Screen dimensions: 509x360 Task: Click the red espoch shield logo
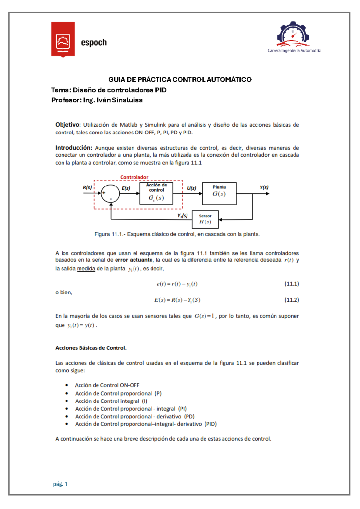coord(63,39)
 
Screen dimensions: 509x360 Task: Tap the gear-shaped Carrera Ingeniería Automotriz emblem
coord(293,35)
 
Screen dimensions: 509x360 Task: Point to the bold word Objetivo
coord(67,125)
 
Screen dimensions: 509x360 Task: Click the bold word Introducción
coord(74,148)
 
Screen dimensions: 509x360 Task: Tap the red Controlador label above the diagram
coord(134,177)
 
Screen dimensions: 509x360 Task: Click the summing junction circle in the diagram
coord(110,194)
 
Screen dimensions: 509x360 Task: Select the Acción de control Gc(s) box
coord(156,194)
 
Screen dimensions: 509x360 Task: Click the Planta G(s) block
coord(219,194)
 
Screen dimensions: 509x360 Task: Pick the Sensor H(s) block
coord(205,219)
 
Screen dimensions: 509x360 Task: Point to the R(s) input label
coord(87,188)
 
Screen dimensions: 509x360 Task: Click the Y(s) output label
coord(264,188)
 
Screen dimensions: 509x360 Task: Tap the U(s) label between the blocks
coord(191,188)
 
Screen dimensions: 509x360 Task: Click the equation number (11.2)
coord(292,300)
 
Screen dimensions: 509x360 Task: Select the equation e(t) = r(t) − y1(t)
coord(177,284)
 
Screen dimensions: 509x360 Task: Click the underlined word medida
coord(86,269)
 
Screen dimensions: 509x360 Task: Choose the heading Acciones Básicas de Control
coord(91,348)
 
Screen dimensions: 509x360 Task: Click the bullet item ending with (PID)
coord(146,424)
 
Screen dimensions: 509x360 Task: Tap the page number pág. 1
coord(60,484)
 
